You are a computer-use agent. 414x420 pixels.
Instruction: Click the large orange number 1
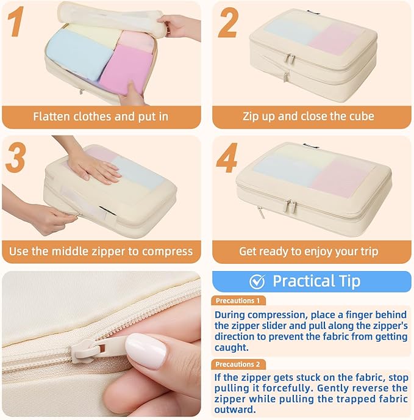pos(16,21)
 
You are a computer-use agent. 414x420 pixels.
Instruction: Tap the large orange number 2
pos(228,23)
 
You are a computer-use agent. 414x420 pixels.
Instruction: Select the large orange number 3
pos(15,157)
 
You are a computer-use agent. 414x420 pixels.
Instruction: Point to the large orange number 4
pos(227,157)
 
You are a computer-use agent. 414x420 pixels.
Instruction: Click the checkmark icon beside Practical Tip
pos(257,281)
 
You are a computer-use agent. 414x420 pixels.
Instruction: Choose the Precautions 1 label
pos(238,300)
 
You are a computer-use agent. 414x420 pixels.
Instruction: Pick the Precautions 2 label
pos(238,364)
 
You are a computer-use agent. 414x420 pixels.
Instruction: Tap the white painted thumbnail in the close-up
pos(146,351)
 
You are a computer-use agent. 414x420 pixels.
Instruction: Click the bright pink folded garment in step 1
pos(126,70)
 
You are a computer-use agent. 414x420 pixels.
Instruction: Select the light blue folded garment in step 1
pos(79,54)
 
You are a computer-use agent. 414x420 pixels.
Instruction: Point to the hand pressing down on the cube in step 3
pos(94,167)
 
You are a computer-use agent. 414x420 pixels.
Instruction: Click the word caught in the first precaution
pos(232,347)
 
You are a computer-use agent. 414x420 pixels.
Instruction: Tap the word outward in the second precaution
pos(235,410)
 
